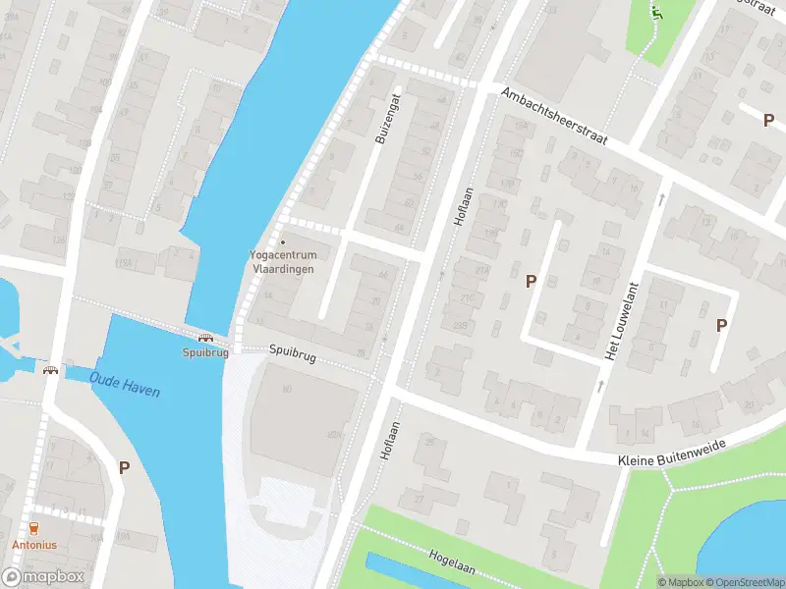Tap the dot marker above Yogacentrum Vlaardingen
284,241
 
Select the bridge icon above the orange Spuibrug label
204,338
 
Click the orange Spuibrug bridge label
204,351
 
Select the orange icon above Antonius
33,528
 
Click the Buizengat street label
385,119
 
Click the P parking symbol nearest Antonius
124,467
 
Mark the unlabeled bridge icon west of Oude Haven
49,370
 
